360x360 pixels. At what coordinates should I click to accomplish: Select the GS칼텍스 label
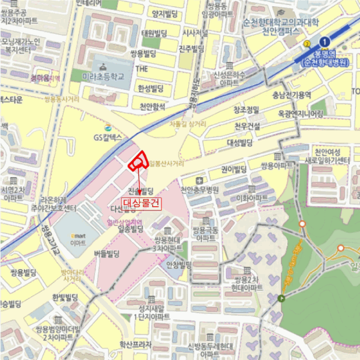[107, 137]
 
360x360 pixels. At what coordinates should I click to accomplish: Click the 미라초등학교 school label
[103, 76]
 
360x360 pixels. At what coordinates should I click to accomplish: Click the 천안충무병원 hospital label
[200, 189]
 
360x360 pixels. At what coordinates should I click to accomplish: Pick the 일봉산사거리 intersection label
[166, 164]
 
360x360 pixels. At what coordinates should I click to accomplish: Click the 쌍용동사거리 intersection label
[62, 98]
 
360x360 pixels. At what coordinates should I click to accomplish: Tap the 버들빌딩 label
[107, 253]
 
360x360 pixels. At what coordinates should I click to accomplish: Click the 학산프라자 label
[135, 345]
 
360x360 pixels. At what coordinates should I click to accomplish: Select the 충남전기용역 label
[292, 95]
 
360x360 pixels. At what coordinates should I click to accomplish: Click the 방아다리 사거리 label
[71, 275]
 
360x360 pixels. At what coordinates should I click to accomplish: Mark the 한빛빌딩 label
[65, 297]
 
